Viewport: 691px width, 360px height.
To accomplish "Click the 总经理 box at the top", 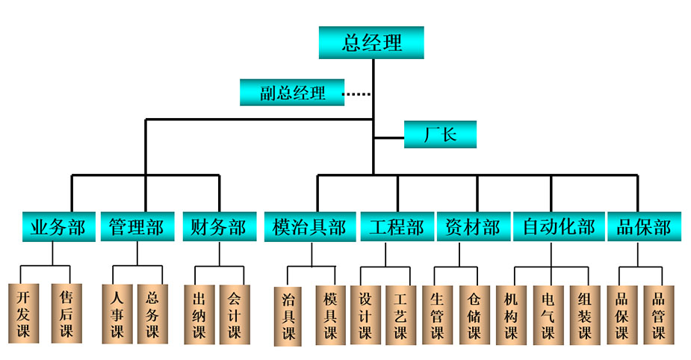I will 371,43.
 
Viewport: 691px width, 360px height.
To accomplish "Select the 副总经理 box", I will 292,93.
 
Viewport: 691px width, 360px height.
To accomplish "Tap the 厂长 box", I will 440,135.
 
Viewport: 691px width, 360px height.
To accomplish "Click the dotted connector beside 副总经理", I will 357,94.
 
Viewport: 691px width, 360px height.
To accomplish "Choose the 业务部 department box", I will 58,227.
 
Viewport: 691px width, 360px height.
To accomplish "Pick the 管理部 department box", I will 137,227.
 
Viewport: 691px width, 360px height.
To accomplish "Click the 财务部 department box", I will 218,227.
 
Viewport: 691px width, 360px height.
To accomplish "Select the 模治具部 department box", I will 309,227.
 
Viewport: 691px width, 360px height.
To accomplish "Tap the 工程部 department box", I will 396,227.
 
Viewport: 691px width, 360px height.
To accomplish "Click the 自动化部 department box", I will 558,227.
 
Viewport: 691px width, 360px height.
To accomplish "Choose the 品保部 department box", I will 643,227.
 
